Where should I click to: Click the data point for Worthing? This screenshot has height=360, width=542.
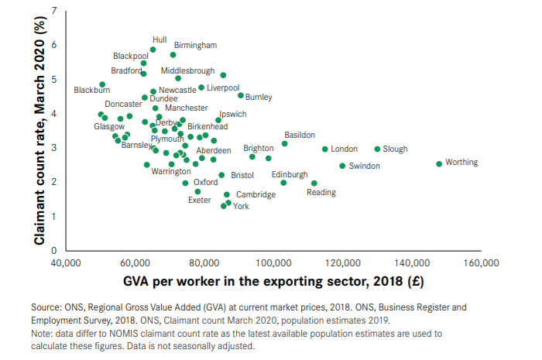[x=439, y=164]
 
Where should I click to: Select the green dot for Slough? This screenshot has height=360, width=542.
[x=377, y=149]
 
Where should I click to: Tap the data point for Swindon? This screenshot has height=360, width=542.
[x=342, y=166]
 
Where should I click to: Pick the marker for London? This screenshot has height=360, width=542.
[x=324, y=149]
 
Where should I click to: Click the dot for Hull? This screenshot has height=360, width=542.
[x=153, y=50]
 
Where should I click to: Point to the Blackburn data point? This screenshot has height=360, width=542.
[x=102, y=84]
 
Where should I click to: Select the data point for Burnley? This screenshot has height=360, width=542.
[x=240, y=95]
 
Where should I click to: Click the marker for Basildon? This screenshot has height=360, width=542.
[x=284, y=144]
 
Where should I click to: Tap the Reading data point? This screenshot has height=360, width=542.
[x=314, y=183]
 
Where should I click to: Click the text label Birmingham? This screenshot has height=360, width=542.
[x=195, y=45]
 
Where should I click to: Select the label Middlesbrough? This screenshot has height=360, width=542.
[x=187, y=70]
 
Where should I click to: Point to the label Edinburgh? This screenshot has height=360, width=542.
[x=290, y=174]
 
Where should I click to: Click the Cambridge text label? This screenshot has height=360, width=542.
[x=256, y=195]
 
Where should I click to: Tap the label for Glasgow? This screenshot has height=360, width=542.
[x=108, y=126]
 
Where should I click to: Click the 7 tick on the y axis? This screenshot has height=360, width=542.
[x=53, y=10]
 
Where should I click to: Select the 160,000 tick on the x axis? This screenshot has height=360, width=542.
[x=480, y=263]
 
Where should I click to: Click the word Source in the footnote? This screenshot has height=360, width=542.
[x=46, y=307]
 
